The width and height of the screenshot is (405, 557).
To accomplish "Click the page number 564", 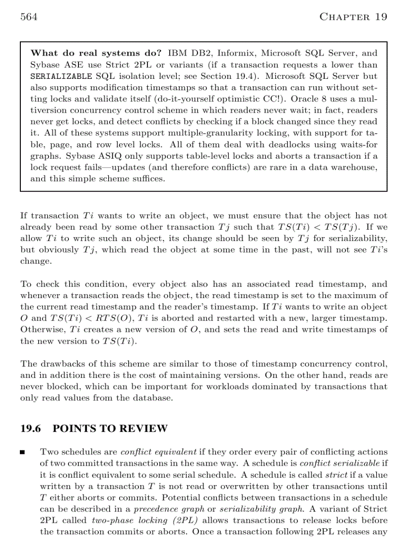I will coord(29,17).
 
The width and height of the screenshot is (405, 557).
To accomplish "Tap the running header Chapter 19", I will coord(353,17).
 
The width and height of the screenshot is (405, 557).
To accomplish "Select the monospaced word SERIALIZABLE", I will coord(61,76).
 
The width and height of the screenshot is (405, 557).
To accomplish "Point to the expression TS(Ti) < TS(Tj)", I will coord(310,227).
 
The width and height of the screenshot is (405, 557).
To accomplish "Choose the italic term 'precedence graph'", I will coord(166,509).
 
